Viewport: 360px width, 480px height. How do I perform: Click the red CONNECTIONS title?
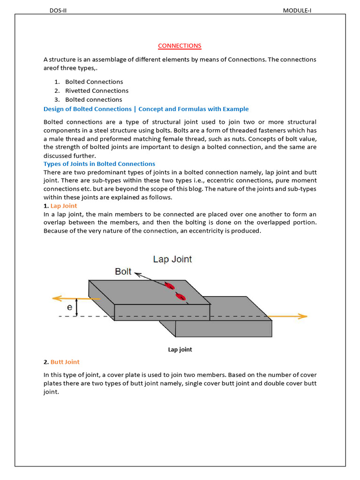[x=180, y=45]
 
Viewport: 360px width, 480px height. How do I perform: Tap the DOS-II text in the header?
[x=59, y=11]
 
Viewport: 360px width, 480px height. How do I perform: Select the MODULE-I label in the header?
[x=297, y=11]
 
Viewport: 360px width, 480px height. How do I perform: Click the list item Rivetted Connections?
[x=97, y=90]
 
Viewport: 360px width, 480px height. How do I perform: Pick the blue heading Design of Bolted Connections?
[x=146, y=109]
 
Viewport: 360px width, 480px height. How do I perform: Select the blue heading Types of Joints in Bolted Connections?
[x=99, y=164]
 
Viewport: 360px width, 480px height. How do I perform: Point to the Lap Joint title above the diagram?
[x=172, y=259]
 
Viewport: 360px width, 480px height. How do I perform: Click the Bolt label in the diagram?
[x=123, y=271]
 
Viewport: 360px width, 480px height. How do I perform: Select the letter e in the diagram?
[x=69, y=307]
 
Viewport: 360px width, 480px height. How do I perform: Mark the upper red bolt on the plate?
[x=169, y=285]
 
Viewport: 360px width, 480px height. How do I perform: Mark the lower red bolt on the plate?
[x=180, y=296]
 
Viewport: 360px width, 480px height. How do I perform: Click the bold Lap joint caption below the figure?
[x=180, y=350]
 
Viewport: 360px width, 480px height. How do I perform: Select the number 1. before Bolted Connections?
[x=56, y=82]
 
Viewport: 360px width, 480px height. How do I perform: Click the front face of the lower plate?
[x=223, y=329]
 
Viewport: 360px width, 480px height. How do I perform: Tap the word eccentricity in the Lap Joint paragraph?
[x=218, y=231]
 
